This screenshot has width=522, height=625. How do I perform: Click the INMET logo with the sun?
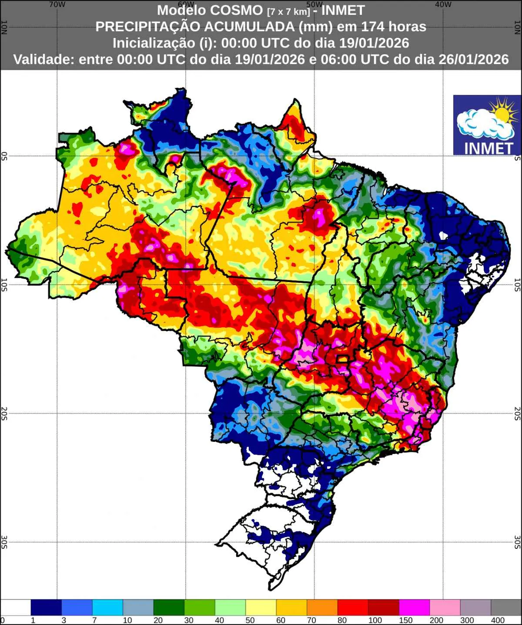coord(487,125)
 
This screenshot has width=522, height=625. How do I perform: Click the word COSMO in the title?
coord(241,10)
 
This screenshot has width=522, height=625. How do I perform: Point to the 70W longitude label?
coord(57,4)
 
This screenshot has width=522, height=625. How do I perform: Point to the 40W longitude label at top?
coord(443,4)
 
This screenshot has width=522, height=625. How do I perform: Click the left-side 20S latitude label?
coord(4,413)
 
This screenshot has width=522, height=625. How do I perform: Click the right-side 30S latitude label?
coord(517,542)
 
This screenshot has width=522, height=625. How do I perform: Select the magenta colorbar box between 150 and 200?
coord(414,607)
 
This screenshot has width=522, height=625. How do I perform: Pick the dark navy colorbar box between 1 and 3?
coord(46,607)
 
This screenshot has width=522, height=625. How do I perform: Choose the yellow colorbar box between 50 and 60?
coord(261,607)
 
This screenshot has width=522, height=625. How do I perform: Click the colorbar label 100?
coord(375,620)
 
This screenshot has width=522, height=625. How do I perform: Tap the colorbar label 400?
coord(498,620)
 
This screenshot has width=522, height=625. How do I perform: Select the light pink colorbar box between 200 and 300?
coord(445,607)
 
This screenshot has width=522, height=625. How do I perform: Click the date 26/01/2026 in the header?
coord(473,59)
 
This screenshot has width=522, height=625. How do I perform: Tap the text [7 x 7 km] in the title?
coord(288,11)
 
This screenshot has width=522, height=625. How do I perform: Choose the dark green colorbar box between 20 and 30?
coord(169,607)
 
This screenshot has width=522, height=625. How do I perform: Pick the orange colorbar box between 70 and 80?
coord(322,607)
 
